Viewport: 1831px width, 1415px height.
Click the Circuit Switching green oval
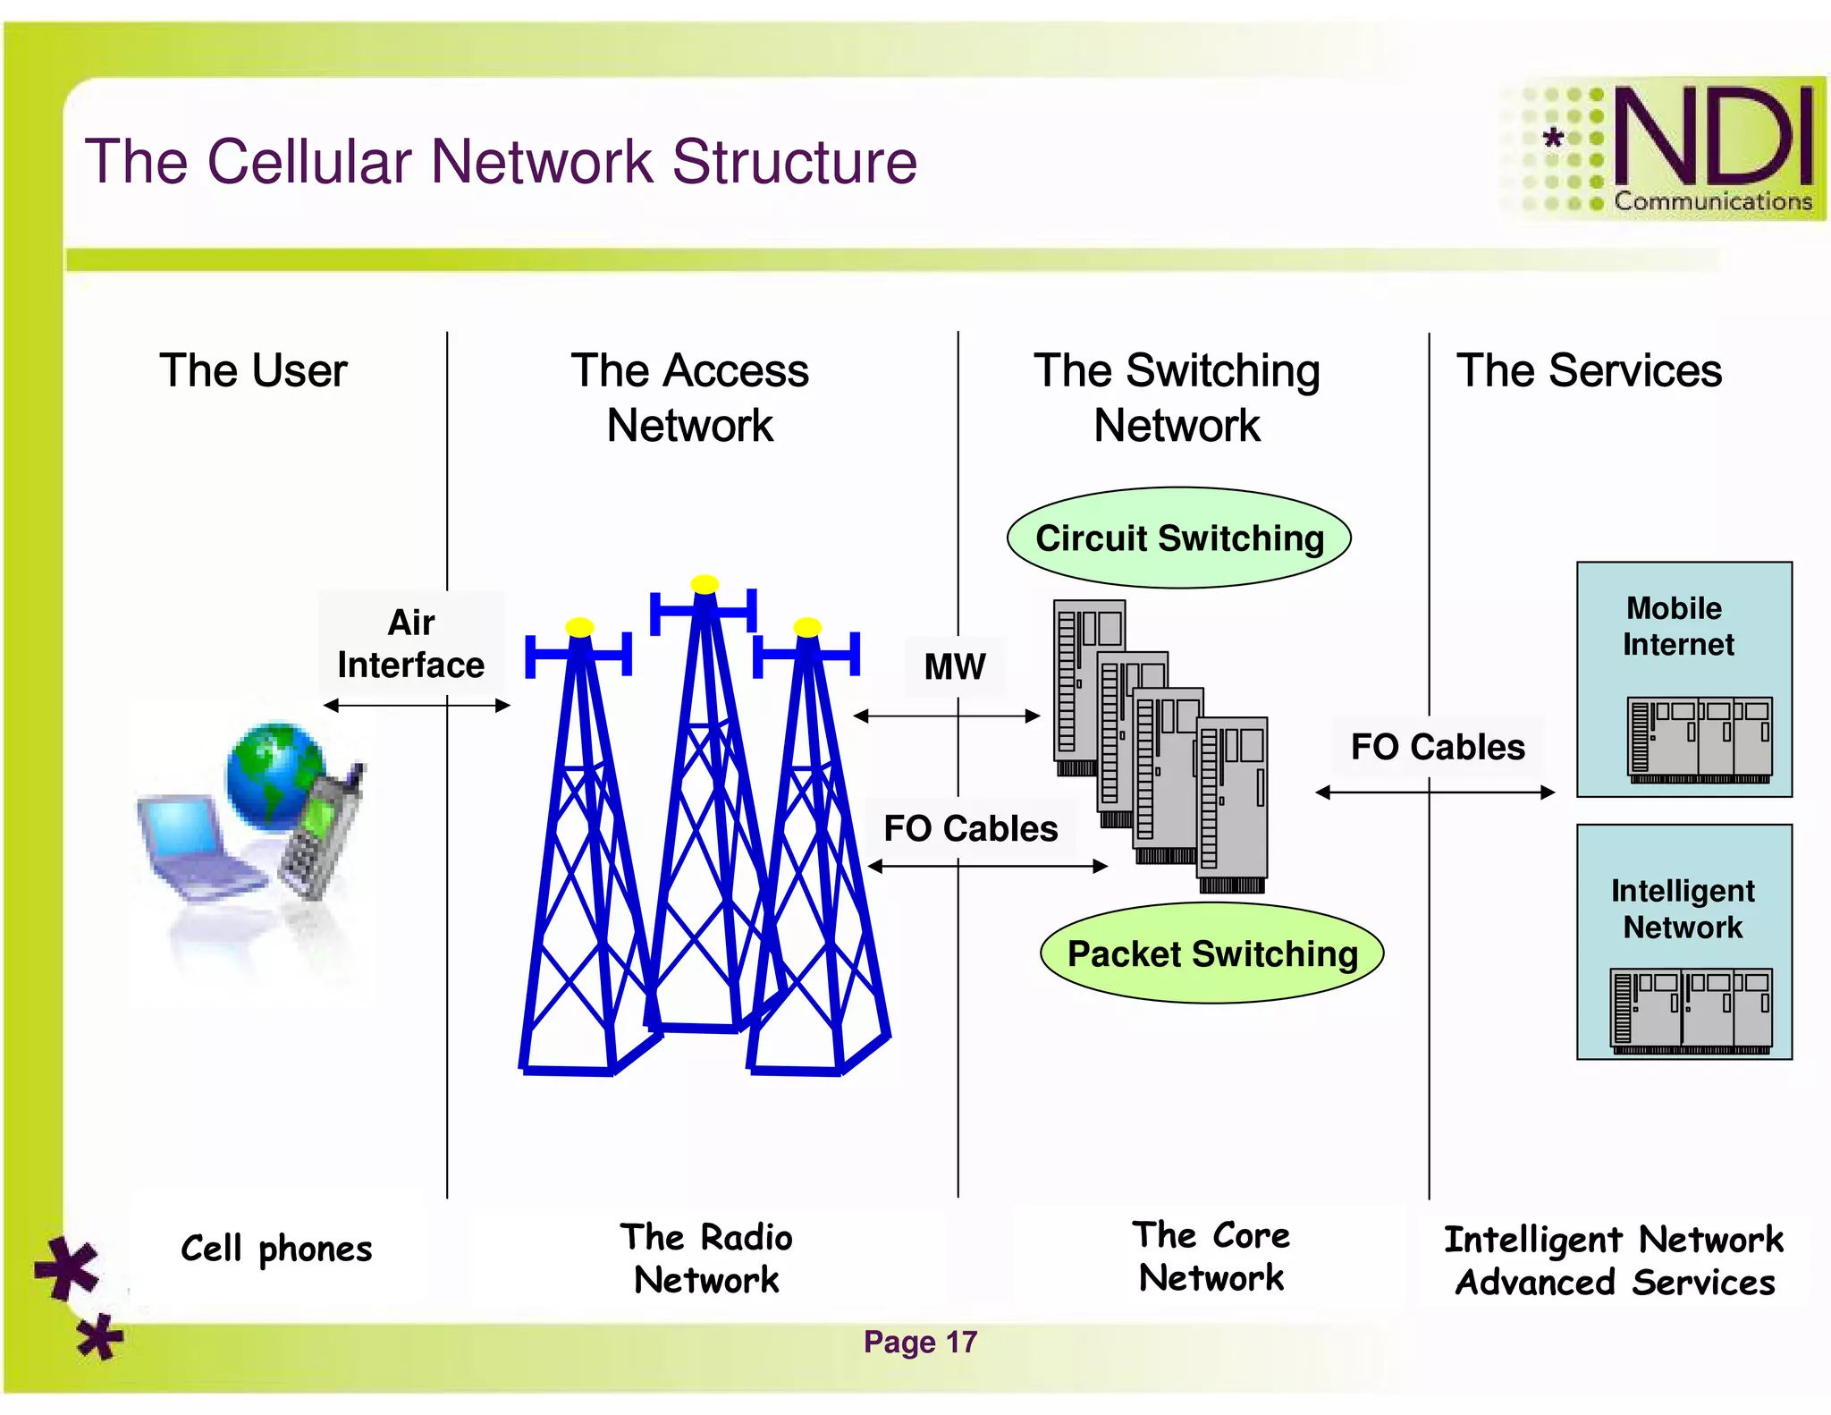[1178, 538]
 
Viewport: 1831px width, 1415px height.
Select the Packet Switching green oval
[1211, 953]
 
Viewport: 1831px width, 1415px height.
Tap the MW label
[954, 666]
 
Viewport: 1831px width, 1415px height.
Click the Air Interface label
[411, 644]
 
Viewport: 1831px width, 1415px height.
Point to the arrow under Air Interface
[417, 706]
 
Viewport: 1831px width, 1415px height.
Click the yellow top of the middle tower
[705, 584]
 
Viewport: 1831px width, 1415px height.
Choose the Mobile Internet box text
[1677, 626]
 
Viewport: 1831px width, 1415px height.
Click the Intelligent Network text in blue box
[1683, 909]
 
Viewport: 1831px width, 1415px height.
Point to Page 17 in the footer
[920, 1342]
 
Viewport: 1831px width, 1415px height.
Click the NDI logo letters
[1712, 139]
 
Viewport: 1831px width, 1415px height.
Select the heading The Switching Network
[1177, 397]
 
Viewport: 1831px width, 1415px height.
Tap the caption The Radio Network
[706, 1258]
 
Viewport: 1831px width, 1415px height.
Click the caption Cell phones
[276, 1249]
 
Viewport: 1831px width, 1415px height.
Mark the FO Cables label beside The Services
[1437, 747]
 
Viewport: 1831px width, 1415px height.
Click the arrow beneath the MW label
[947, 716]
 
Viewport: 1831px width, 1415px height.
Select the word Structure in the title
[794, 162]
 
